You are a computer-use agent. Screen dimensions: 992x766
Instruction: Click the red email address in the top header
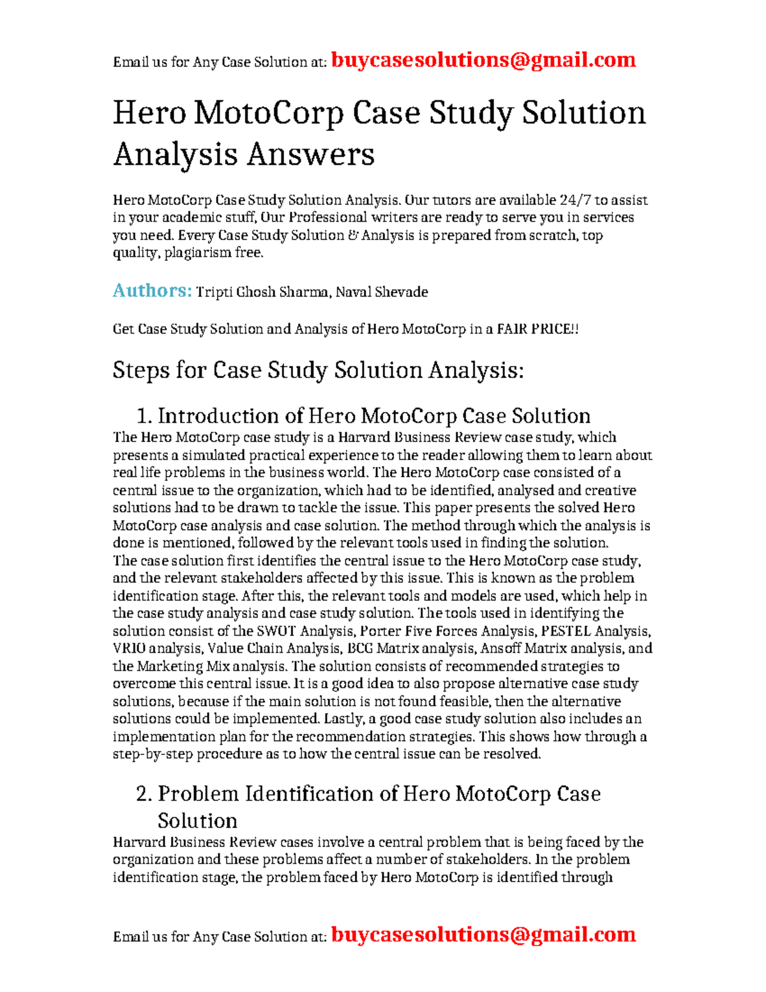click(x=483, y=60)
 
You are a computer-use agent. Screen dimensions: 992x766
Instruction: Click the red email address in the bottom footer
click(x=483, y=935)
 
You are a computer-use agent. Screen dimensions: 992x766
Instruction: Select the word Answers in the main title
click(x=310, y=154)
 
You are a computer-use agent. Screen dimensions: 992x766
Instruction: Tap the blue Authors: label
click(x=152, y=291)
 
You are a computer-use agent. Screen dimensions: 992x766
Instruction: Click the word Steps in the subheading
click(x=141, y=370)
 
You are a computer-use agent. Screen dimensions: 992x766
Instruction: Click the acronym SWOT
click(x=276, y=631)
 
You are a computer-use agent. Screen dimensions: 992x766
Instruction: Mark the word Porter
click(x=381, y=631)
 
